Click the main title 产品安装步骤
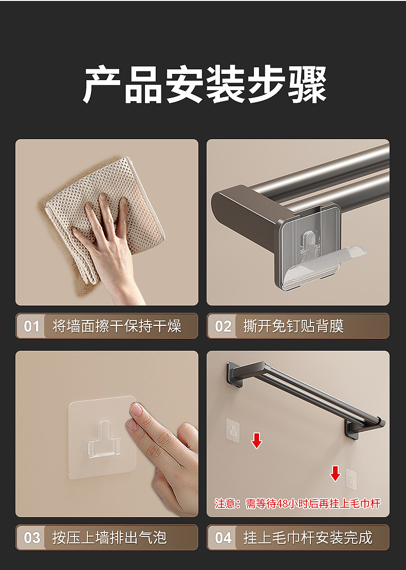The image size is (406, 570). click(x=205, y=85)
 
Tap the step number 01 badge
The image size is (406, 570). click(x=31, y=326)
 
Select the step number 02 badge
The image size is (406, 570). click(x=223, y=326)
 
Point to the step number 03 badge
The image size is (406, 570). click(x=31, y=538)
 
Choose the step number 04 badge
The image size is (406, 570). click(x=223, y=538)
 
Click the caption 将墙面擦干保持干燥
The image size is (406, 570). click(x=117, y=326)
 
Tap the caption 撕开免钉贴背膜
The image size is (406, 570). click(x=293, y=326)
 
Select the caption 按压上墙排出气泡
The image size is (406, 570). click(x=109, y=538)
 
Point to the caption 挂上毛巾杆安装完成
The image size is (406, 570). click(x=307, y=538)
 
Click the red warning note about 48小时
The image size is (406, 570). click(x=298, y=504)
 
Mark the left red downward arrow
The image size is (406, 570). click(x=256, y=440)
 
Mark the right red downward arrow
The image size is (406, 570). click(x=335, y=473)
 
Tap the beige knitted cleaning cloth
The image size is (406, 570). click(x=72, y=205)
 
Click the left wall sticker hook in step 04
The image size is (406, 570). click(x=233, y=429)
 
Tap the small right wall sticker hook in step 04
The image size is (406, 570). click(x=352, y=478)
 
